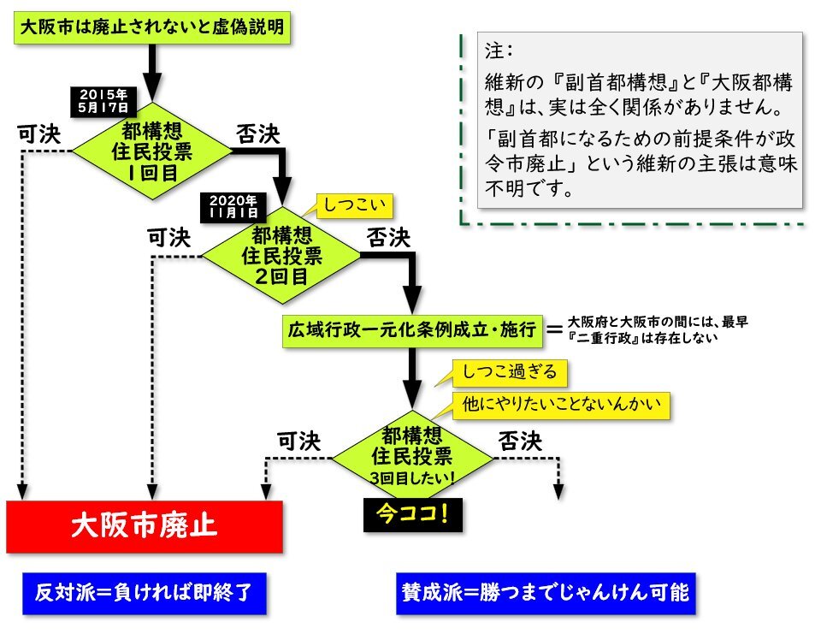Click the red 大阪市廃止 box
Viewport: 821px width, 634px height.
[x=144, y=525]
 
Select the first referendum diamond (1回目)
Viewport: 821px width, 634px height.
[x=151, y=151]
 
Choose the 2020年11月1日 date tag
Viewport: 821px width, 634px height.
[x=233, y=206]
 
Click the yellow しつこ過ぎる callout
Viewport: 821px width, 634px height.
[x=509, y=371]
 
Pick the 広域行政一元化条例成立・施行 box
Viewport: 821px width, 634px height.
[x=412, y=329]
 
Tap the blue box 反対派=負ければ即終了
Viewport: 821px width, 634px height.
[x=144, y=592]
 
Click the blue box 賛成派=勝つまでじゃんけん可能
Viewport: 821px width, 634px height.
[x=546, y=592]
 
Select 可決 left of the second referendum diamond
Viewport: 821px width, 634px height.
[x=169, y=238]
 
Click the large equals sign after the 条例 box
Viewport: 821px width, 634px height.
[x=554, y=329]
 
